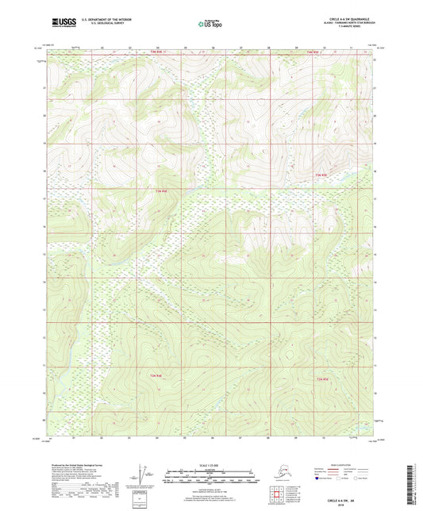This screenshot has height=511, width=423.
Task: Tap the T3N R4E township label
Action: [x=161, y=190]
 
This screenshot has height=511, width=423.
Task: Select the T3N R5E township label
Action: [x=321, y=175]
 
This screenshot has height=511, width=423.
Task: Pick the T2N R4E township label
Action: [x=156, y=375]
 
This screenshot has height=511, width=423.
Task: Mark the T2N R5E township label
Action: [x=322, y=380]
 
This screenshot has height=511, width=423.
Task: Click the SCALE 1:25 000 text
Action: [x=210, y=465]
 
